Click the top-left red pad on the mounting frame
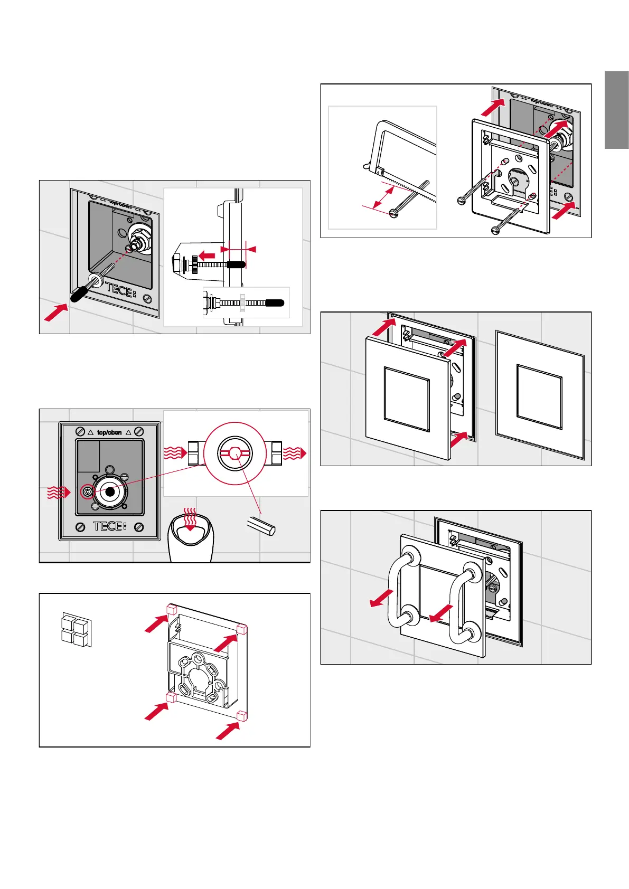coord(172,609)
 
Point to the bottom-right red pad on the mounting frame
coord(242,716)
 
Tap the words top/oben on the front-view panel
coord(109,432)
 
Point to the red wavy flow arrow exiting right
coord(295,453)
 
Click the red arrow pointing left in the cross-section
coord(206,255)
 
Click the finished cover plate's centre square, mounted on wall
coord(539,396)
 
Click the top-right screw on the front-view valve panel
coord(139,431)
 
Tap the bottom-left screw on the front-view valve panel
coord(80,527)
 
